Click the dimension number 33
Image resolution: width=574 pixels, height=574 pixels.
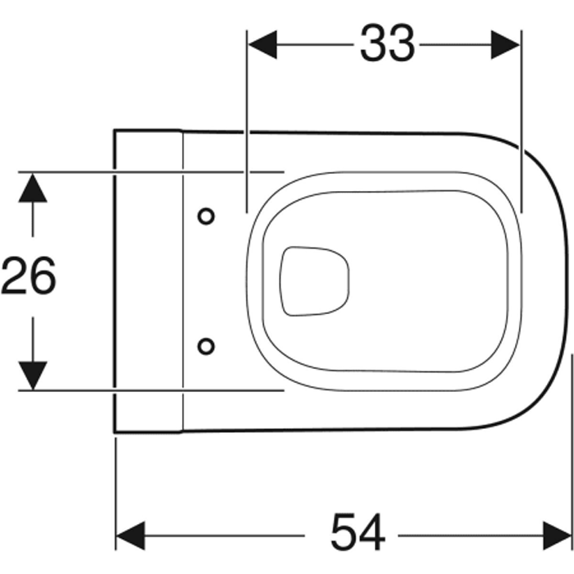387,43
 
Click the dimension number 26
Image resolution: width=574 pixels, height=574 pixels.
29,276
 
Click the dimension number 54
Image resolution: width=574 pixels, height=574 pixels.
358,532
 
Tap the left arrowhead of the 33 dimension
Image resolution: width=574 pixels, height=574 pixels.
262,44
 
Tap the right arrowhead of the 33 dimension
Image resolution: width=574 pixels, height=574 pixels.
505,44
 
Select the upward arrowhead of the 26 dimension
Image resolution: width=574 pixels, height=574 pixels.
33,188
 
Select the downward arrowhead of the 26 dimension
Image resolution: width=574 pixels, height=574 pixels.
33,376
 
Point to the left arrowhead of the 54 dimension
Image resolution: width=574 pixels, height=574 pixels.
130,535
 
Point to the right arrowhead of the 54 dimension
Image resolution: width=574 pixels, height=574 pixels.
557,535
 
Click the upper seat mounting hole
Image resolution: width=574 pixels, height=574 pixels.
206,216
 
